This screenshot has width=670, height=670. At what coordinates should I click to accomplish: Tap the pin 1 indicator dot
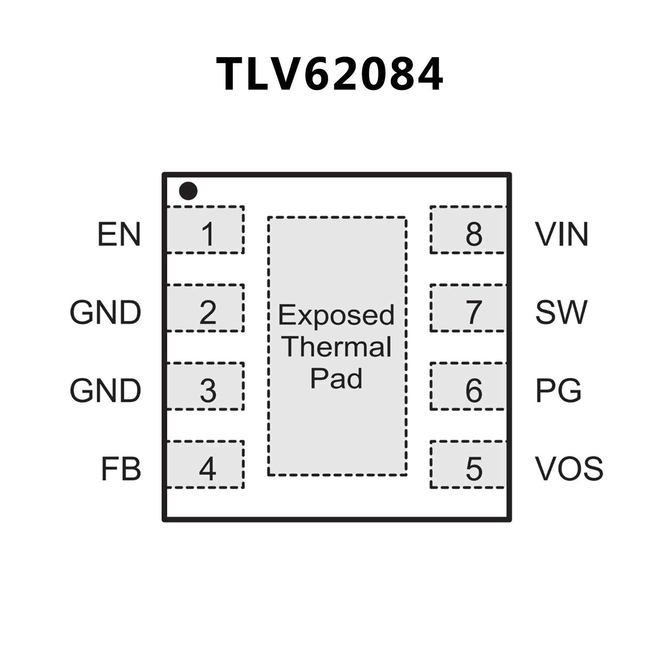coord(188,191)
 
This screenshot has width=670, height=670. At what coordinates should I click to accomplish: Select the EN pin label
coord(119,234)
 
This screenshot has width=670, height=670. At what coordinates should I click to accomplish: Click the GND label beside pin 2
coord(106,313)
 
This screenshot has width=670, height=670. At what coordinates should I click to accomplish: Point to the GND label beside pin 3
coord(106,390)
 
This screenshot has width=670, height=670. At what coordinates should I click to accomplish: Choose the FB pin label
coord(121,469)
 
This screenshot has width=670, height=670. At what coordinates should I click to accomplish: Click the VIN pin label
coord(562,234)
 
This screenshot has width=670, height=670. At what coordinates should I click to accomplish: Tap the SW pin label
coord(561,313)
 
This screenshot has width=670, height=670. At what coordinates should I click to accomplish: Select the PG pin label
coord(558,390)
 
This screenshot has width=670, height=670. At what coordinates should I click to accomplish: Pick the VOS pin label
coord(569,469)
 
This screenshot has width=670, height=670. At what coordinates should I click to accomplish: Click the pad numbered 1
coord(206,230)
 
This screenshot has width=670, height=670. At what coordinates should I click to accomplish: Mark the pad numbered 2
coord(206,308)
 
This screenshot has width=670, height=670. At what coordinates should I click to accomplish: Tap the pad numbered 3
coord(206,386)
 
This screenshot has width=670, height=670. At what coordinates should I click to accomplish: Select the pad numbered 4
coord(206,464)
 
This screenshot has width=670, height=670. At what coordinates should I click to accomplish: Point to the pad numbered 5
coord(468,464)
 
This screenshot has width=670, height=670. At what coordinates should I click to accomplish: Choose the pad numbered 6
coord(468,386)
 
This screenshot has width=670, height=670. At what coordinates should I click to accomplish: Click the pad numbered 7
coord(468,308)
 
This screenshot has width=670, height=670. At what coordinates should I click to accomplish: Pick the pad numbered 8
coord(468,230)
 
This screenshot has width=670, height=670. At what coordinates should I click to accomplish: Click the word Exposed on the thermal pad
coord(336,316)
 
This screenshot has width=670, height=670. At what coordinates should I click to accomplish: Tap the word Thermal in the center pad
coord(336,347)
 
